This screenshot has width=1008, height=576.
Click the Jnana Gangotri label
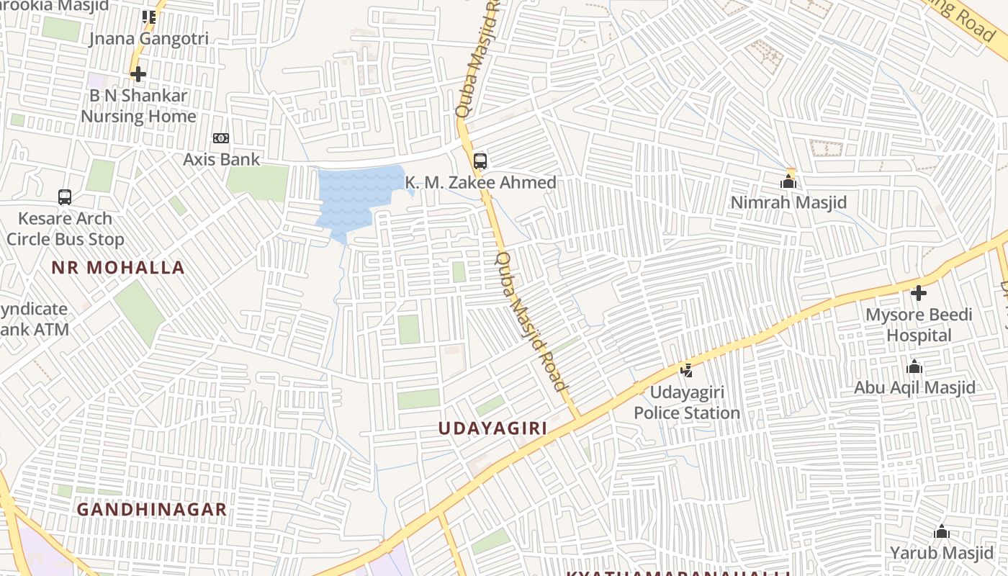[148, 39]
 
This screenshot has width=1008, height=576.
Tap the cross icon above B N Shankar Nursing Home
[138, 73]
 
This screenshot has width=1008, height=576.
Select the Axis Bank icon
[221, 138]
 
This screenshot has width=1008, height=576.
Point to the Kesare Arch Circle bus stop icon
[65, 197]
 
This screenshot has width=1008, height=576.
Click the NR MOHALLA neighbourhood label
[118, 268]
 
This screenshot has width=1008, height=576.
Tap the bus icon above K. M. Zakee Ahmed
[480, 161]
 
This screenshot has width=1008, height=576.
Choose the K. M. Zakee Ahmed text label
[480, 183]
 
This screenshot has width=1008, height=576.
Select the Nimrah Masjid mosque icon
[788, 181]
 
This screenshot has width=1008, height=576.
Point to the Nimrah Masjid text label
[788, 203]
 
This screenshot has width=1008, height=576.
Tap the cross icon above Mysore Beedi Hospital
[918, 293]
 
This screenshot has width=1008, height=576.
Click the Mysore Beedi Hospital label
[918, 325]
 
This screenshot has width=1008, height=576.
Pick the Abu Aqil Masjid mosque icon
[914, 367]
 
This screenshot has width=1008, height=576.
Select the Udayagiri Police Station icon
[687, 371]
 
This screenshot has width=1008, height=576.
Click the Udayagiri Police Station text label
[687, 402]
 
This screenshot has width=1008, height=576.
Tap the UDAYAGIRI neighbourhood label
[493, 428]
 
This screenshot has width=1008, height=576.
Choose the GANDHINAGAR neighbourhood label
[152, 510]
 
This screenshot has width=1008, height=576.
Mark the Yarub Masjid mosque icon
[941, 532]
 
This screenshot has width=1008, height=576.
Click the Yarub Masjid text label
[941, 553]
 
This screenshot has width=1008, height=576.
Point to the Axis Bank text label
[221, 159]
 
